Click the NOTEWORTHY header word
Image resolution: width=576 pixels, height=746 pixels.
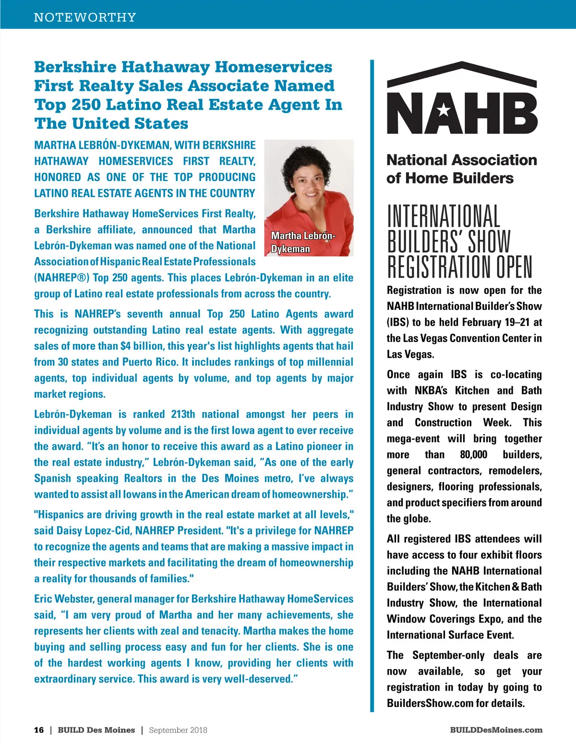pyautogui.click(x=85, y=17)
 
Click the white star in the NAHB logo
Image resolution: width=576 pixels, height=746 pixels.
pyautogui.click(x=444, y=111)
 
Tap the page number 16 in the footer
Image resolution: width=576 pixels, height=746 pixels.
pyautogui.click(x=39, y=730)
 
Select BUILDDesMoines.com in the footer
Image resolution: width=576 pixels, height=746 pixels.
pyautogui.click(x=496, y=730)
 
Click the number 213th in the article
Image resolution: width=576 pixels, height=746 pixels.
pyautogui.click(x=183, y=415)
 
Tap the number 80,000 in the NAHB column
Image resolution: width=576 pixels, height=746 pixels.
pyautogui.click(x=473, y=455)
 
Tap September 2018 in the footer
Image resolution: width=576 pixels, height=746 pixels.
pyautogui.click(x=178, y=730)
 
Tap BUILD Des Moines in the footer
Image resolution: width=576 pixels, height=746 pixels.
pyautogui.click(x=96, y=730)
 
